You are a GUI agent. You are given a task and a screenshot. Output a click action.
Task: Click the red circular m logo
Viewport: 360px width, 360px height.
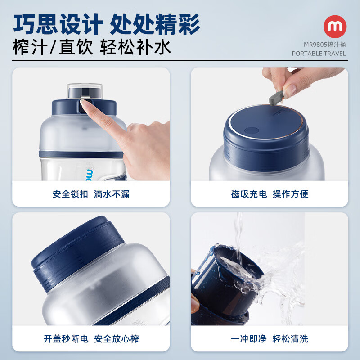tap(335, 27)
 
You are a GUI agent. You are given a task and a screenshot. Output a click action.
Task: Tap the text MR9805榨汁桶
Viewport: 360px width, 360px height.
tap(319, 45)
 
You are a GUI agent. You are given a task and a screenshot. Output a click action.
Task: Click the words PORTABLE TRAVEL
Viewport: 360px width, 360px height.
tap(319, 54)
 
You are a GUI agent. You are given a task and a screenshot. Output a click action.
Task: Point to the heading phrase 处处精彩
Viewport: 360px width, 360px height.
tap(155, 24)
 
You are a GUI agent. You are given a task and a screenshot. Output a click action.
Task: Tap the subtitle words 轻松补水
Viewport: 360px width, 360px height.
tap(135, 47)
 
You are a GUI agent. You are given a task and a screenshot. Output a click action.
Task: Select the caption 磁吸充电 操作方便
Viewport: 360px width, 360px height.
tap(270, 194)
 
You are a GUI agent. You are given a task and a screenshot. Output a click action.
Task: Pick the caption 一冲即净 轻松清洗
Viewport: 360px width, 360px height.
tap(270, 339)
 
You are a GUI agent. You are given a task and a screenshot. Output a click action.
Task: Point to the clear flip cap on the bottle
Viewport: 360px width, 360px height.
tap(85, 90)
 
